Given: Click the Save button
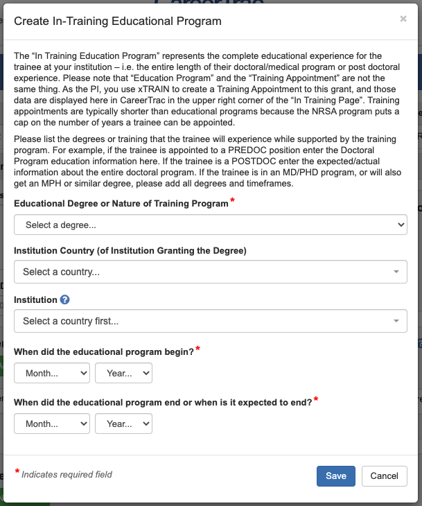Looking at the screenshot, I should pos(336,476).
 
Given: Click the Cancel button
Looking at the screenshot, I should pos(384,476).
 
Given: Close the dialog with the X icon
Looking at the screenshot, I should pos(403,19).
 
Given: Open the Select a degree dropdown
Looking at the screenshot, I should pos(211,225).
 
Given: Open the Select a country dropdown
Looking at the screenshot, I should pos(211,272).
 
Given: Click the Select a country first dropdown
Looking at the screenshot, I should pos(211,321).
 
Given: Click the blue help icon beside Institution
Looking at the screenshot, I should pos(65,300).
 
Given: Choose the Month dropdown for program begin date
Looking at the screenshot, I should pos(52,373).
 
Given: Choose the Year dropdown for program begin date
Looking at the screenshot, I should pos(123,373).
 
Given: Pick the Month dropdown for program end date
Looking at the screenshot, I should pos(52,423).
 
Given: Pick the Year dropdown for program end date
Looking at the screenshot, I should pos(123,423).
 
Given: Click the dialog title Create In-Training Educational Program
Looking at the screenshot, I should pos(118,21).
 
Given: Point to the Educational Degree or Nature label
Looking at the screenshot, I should pos(121,204).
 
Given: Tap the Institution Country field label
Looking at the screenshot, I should pos(130,250).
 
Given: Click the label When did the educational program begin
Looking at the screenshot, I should pos(104,351).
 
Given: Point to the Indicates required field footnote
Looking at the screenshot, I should pos(67,475).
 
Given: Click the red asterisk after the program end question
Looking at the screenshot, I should pos(317,400).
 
